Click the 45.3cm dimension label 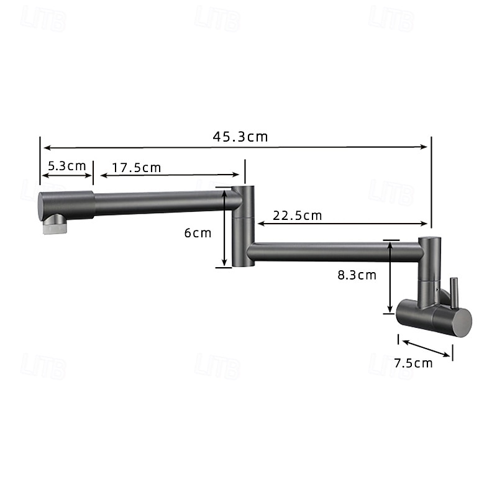tap(240, 137)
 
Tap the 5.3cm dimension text tap(67, 166)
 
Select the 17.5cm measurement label tap(137, 168)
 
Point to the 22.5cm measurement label tap(298, 216)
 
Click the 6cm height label tap(198, 234)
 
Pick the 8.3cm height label tap(357, 275)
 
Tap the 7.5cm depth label tap(413, 363)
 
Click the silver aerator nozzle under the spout tap(55, 224)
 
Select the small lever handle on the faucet tap(454, 293)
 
